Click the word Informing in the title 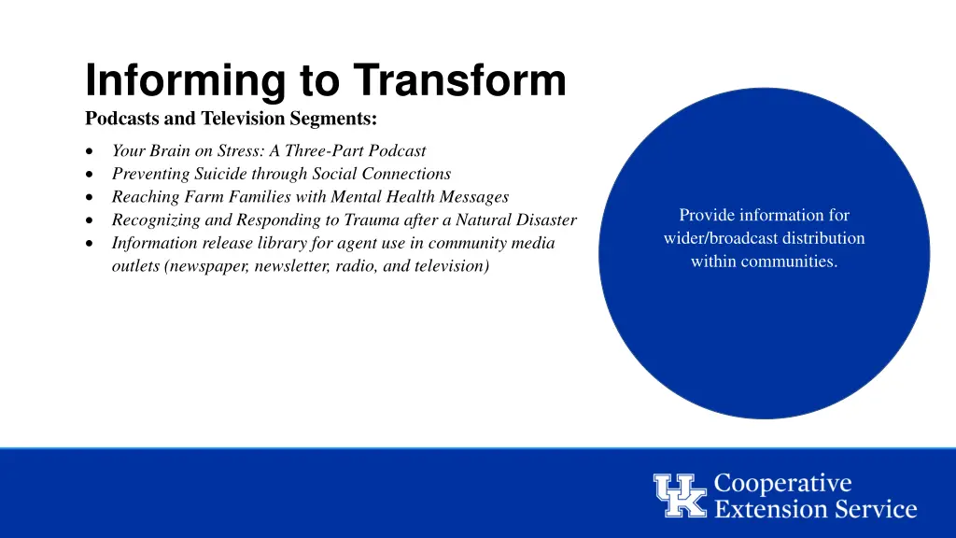point(185,80)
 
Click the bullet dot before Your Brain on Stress point(88,151)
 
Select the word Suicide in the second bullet point(220,174)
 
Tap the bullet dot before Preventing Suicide point(88,175)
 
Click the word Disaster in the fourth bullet point(546,220)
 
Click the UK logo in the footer point(681,496)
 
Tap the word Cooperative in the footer point(782,484)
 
